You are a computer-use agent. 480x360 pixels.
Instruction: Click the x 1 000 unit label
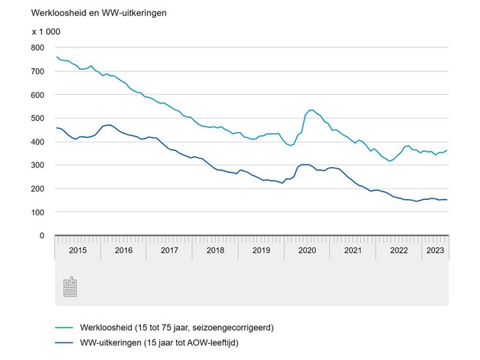(47, 33)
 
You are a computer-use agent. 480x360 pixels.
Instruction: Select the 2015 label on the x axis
(77, 250)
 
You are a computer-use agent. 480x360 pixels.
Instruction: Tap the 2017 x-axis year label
(169, 250)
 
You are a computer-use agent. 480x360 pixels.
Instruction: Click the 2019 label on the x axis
(261, 250)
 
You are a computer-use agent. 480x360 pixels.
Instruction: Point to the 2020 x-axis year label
(307, 250)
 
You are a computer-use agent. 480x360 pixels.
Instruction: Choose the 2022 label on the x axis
(399, 250)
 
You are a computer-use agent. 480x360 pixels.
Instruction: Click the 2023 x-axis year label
(435, 250)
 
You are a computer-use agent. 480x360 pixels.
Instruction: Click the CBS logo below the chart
(70, 288)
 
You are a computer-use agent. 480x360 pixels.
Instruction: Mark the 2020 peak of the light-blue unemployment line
(312, 110)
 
